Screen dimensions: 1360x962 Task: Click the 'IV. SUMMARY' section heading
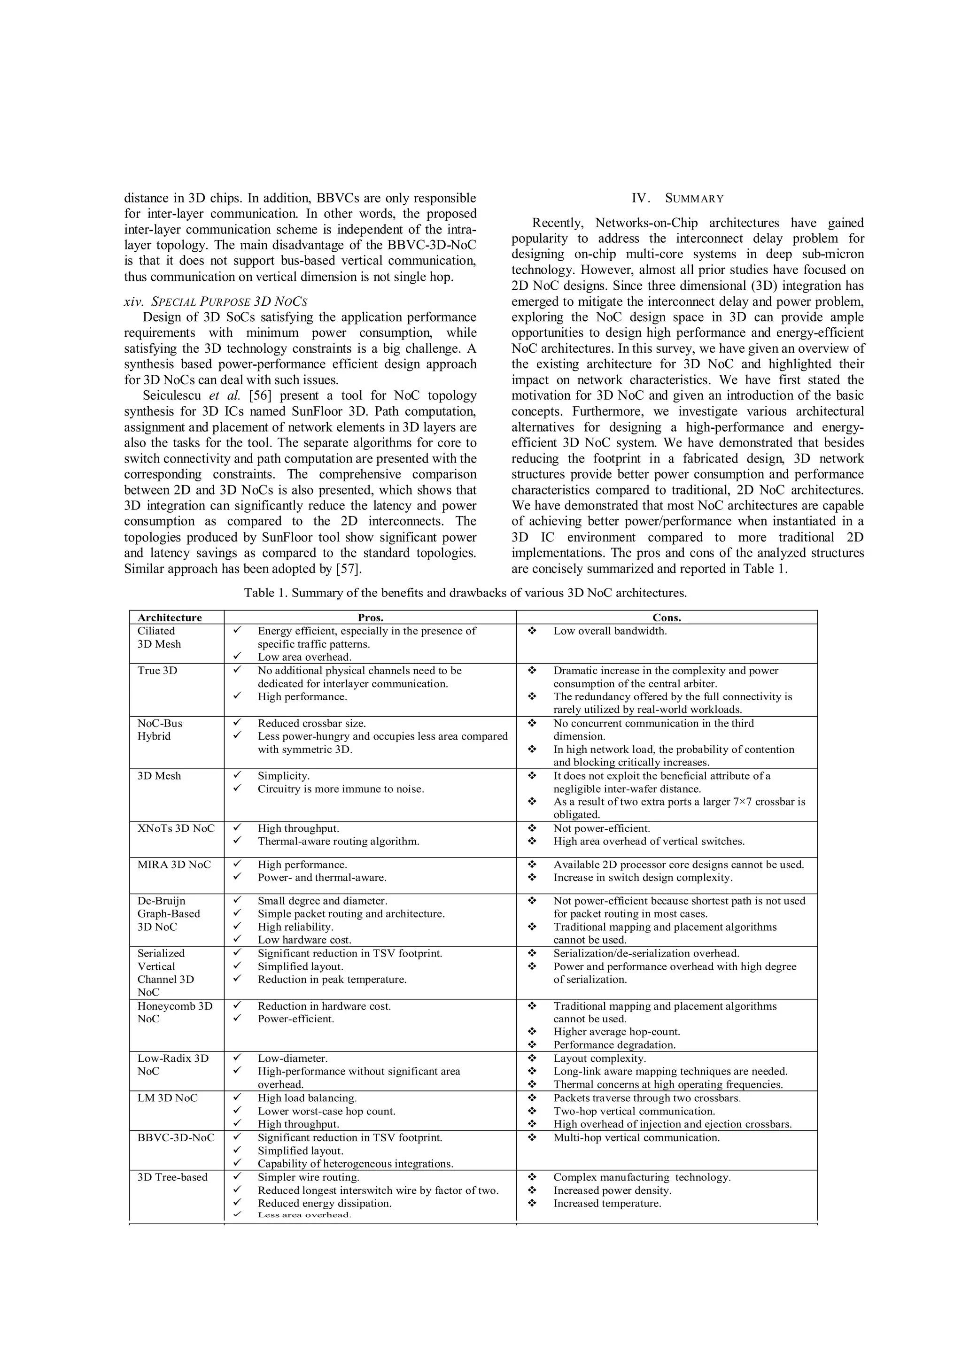[x=687, y=199]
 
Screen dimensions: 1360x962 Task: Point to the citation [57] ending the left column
[x=349, y=569]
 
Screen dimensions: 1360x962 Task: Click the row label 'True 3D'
[x=157, y=671]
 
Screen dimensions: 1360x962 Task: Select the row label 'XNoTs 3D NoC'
[x=176, y=828]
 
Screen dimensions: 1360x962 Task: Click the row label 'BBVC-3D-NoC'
[x=176, y=1137]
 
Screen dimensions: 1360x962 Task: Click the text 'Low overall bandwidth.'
[x=610, y=631]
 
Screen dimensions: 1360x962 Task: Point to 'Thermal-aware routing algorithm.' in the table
[x=338, y=841]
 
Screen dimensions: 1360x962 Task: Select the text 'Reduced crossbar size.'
[x=311, y=723]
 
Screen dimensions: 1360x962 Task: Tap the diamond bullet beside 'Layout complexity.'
[x=531, y=1058]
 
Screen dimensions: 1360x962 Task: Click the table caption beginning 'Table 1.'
[x=465, y=593]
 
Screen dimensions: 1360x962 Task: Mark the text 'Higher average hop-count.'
[x=617, y=1032]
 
